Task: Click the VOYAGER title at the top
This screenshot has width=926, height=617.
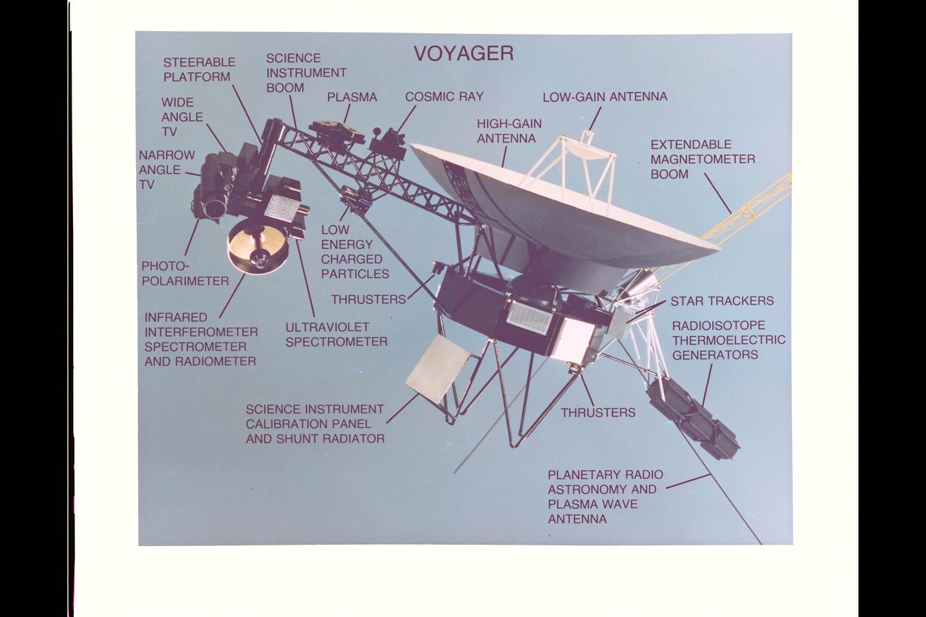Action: coord(463,54)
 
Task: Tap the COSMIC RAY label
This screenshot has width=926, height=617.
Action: coord(443,96)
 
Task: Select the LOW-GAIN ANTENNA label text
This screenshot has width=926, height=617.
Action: coord(605,96)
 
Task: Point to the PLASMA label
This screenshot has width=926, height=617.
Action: coord(352,97)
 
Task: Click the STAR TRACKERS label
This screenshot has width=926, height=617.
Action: coord(721,301)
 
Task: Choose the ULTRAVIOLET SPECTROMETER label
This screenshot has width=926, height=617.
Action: coord(336,334)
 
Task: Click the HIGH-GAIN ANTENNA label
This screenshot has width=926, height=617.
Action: coord(509,130)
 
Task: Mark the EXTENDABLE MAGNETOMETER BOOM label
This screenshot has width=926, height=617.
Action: coord(702,159)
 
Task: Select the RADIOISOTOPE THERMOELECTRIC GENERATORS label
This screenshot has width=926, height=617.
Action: coord(728,340)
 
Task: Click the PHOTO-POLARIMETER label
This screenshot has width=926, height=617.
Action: coord(184,273)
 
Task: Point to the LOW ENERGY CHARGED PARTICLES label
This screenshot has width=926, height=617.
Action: coord(354,252)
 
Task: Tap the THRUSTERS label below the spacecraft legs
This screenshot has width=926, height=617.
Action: coord(598,412)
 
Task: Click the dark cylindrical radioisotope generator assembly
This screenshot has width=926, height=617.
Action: coord(693,419)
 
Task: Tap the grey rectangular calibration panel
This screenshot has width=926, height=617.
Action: coord(438,368)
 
